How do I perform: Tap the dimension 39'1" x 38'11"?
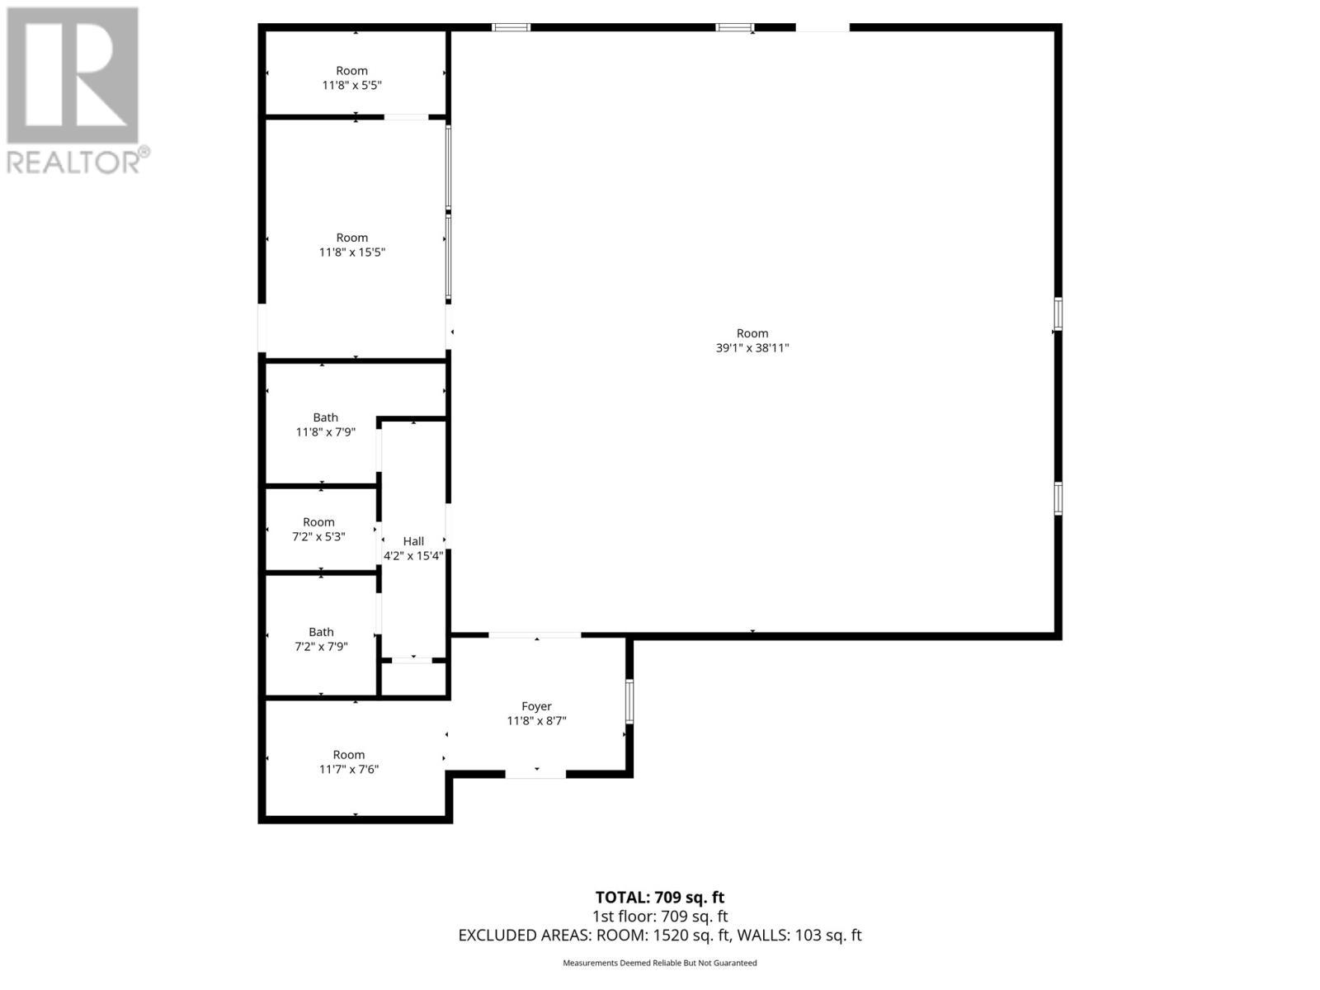[x=752, y=348]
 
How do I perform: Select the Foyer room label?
[x=536, y=706]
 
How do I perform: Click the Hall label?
[x=413, y=541]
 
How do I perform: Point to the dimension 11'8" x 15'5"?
[x=352, y=252]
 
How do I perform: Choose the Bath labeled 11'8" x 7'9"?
[x=325, y=417]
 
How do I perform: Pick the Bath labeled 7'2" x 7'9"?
[x=321, y=632]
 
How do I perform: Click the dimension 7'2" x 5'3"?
[x=318, y=536]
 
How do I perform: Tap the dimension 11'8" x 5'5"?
[x=352, y=85]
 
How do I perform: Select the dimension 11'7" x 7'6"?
[x=349, y=769]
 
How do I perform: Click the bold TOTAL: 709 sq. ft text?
[x=660, y=898]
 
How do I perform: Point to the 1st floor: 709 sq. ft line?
[x=660, y=917]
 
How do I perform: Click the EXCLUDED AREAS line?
[x=660, y=936]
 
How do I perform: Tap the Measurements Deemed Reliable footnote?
[x=660, y=963]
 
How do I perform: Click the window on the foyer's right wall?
[x=629, y=701]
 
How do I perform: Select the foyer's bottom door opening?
[x=535, y=774]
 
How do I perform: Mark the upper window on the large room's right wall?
[x=1058, y=314]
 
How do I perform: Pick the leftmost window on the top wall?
[x=511, y=27]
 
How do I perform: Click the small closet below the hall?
[x=412, y=678]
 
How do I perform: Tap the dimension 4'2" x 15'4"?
[x=413, y=556]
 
